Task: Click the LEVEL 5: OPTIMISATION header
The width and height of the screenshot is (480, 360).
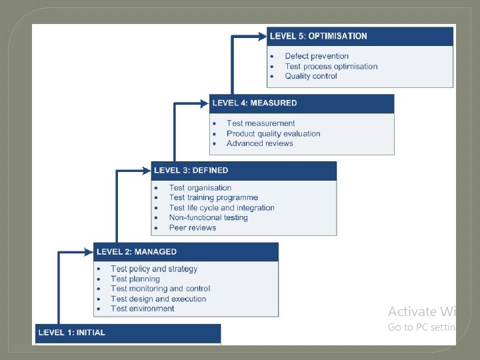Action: tap(319, 36)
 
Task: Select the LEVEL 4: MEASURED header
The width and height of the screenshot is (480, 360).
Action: tap(254, 103)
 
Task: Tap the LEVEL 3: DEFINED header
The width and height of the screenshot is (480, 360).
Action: tap(191, 171)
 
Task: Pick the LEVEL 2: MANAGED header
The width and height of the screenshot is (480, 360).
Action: tap(137, 252)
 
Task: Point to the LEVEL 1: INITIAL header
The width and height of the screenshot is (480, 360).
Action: tap(72, 332)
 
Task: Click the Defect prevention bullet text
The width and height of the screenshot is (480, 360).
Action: tap(317, 56)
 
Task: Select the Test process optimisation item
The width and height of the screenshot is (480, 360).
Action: tap(331, 66)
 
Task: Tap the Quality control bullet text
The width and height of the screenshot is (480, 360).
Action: tap(311, 76)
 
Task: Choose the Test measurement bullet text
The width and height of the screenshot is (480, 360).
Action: tap(261, 123)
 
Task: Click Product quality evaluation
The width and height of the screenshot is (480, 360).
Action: tap(273, 133)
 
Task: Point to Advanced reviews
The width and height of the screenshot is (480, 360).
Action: tap(259, 143)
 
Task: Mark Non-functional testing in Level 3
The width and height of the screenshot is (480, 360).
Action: tap(208, 217)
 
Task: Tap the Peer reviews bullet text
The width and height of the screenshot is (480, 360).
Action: tap(193, 227)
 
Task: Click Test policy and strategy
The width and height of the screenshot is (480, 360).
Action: tap(154, 269)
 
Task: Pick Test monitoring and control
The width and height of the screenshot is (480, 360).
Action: tap(160, 289)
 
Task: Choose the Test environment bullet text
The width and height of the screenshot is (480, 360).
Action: tap(143, 309)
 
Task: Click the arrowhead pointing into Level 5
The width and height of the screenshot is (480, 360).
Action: tap(261, 36)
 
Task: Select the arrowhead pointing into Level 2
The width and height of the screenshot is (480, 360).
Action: tap(88, 252)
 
